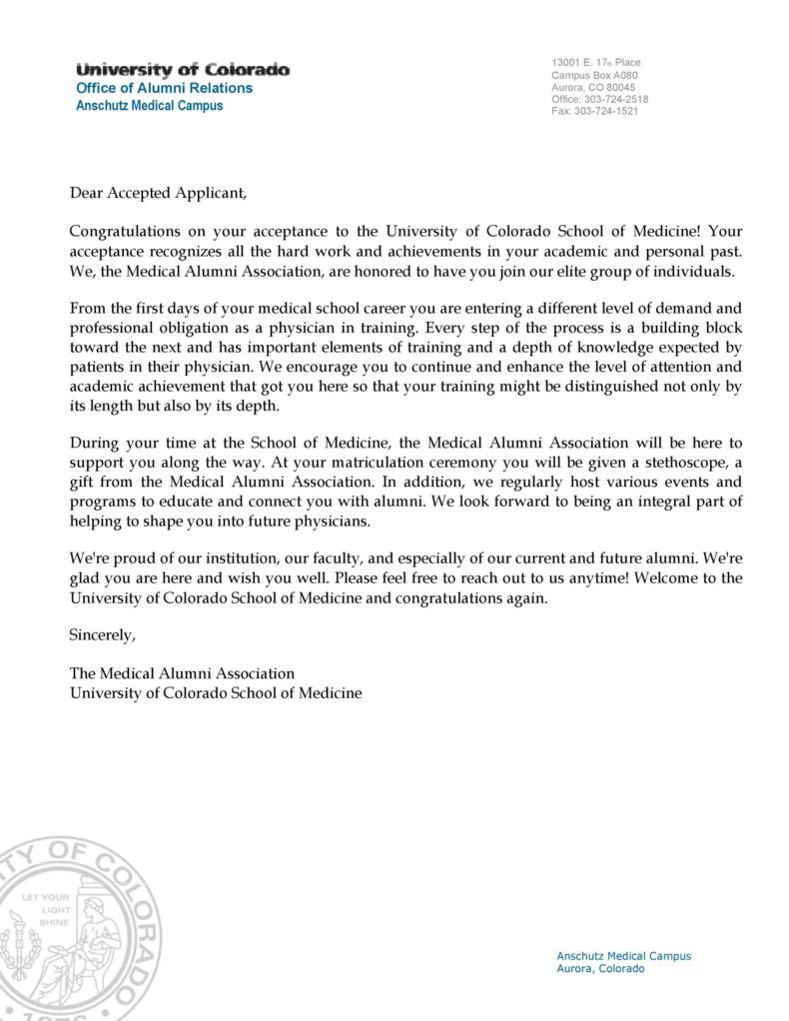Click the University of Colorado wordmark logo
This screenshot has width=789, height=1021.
coord(183,70)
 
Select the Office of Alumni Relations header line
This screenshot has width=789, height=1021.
coord(165,88)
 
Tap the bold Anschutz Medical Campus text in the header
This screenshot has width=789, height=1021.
coord(150,106)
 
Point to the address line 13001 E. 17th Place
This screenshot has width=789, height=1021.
coord(595,64)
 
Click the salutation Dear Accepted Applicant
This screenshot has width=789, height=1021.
coord(157,192)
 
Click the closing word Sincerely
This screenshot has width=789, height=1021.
coord(101,635)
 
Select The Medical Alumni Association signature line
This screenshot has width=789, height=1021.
coord(182,673)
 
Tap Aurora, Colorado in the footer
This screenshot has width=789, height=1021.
coord(600,969)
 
